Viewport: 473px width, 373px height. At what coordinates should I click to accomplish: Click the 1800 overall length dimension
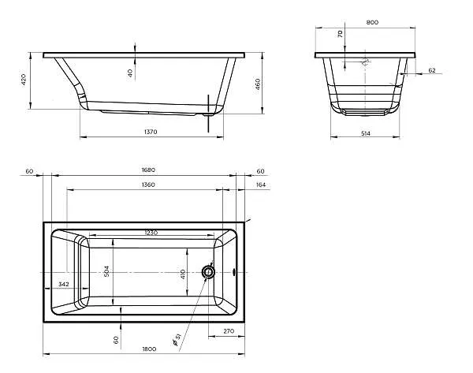click(x=149, y=349)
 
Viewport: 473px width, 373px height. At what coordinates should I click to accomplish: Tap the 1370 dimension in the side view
click(x=151, y=132)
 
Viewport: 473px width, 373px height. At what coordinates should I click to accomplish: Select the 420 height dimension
click(x=24, y=80)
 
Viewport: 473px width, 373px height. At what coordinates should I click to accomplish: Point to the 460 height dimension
click(x=258, y=84)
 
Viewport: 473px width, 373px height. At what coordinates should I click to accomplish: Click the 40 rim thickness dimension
click(x=130, y=73)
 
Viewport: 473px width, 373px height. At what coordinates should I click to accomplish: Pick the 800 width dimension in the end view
click(x=372, y=22)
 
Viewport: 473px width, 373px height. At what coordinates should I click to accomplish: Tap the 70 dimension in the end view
click(x=341, y=34)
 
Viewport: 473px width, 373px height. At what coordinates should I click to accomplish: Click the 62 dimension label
click(x=432, y=70)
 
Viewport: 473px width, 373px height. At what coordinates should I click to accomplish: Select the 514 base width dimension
click(x=366, y=133)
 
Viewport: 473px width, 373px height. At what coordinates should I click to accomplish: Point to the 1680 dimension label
click(x=148, y=170)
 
